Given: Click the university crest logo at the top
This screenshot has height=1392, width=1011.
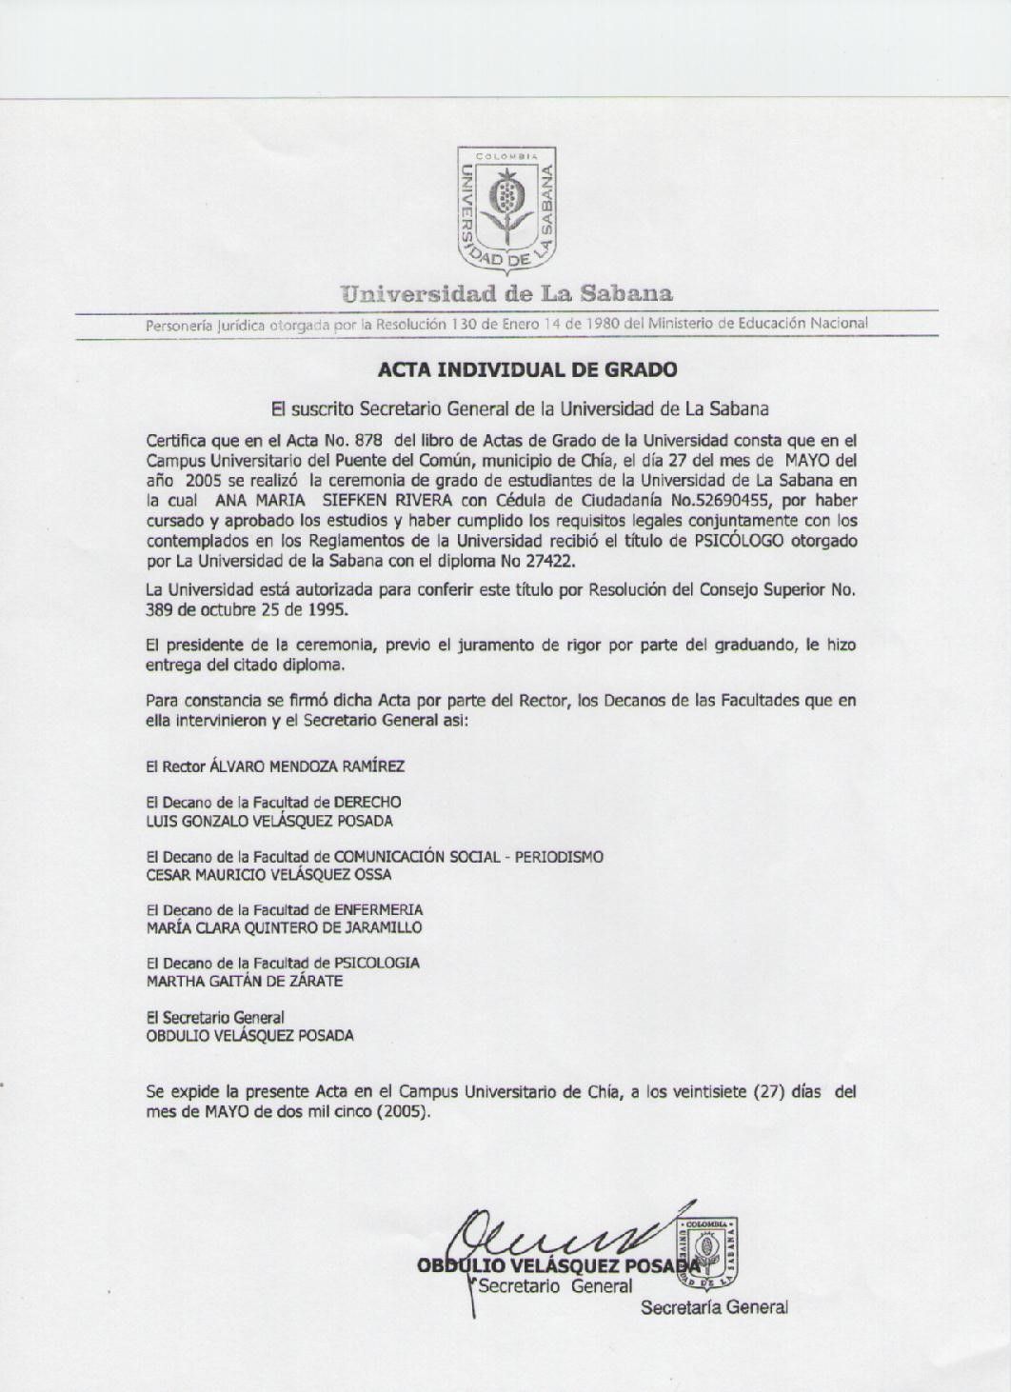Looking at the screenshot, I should [x=506, y=207].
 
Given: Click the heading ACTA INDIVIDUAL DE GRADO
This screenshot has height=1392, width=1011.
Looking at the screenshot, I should [x=527, y=368].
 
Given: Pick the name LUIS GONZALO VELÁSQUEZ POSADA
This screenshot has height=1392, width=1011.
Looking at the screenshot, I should [x=269, y=821].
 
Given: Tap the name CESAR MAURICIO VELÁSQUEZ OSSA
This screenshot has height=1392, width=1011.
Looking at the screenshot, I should [x=269, y=874].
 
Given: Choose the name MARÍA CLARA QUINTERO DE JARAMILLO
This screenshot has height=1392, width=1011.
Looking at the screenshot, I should [x=284, y=927].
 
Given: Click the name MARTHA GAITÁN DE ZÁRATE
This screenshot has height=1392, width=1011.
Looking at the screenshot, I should [x=245, y=981].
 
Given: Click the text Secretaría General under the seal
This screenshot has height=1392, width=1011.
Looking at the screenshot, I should [x=714, y=1308].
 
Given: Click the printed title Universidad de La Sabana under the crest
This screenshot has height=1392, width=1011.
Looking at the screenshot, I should [x=506, y=292].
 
